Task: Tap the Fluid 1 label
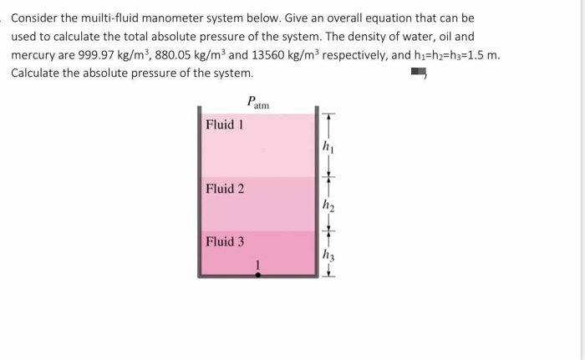(x=225, y=124)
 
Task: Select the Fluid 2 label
(x=225, y=188)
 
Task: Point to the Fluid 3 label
(x=225, y=241)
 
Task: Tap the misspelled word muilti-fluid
(x=114, y=18)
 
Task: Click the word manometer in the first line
(x=184, y=18)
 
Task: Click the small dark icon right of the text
(x=417, y=74)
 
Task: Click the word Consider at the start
(x=38, y=18)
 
